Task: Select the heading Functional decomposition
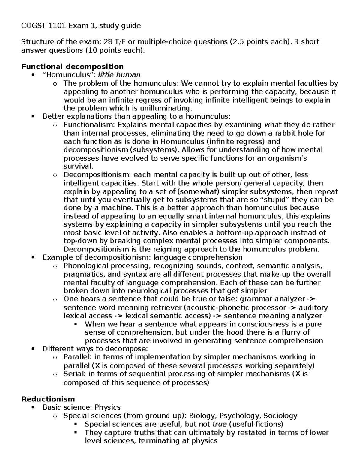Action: coord(72,66)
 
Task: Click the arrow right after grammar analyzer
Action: coord(311,299)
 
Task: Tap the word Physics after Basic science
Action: coord(107,407)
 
